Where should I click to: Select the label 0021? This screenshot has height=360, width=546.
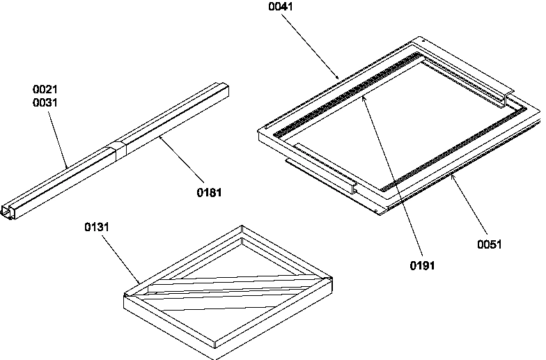coord(45,90)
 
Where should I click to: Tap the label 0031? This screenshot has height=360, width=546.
coord(45,102)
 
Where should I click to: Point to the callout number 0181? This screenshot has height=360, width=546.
coord(209,192)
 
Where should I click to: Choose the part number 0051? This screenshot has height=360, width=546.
coord(489,244)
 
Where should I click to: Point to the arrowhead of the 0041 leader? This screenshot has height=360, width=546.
coord(338,77)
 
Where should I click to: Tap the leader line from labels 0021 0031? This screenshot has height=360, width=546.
coord(58,139)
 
